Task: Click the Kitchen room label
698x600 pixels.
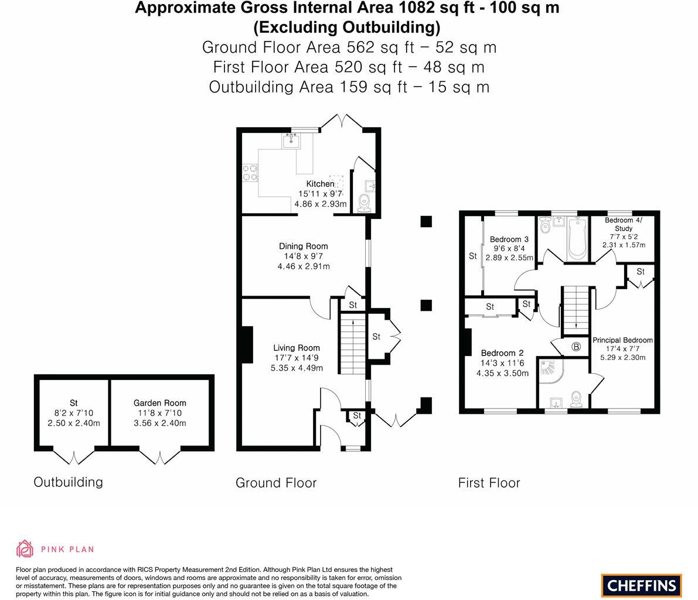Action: coord(320,184)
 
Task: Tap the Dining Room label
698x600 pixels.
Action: coord(303,246)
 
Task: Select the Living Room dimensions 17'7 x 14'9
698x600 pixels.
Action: coord(297,358)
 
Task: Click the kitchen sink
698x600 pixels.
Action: coord(291,141)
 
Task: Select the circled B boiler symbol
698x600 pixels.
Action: coord(576,347)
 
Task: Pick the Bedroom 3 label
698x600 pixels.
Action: coord(509,239)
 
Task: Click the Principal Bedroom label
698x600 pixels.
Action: coord(622,340)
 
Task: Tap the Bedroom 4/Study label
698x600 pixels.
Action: coord(624,224)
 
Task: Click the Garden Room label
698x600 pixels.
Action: coord(159,403)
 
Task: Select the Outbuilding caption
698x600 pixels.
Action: coord(68,482)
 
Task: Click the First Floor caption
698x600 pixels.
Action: coord(489,483)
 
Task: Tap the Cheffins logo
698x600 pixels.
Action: coord(641,585)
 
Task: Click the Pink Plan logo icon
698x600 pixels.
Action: coord(25,548)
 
